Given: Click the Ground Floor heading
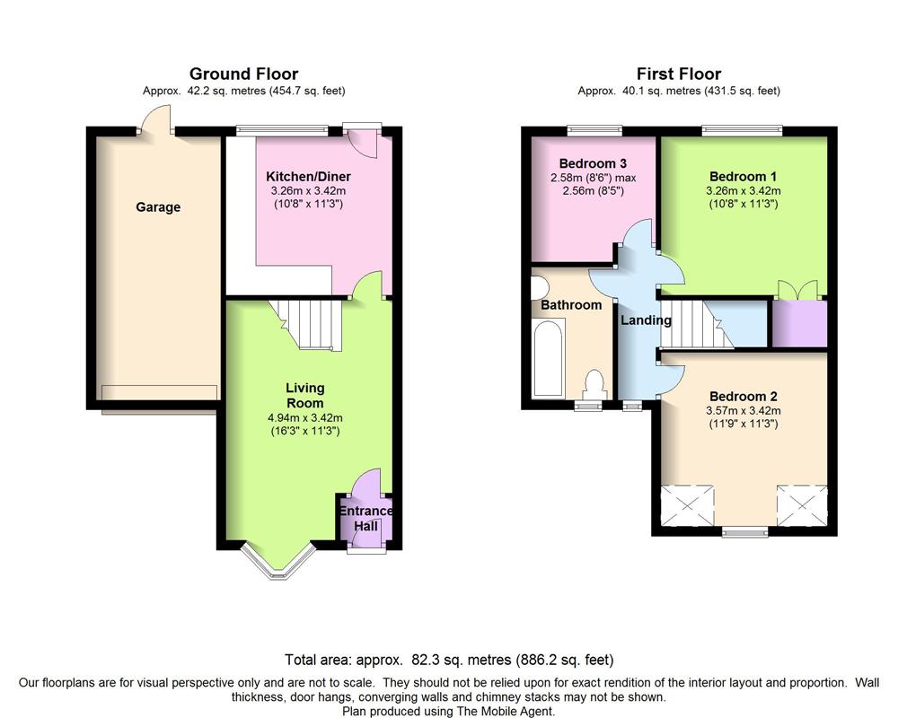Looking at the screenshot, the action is point(243,74).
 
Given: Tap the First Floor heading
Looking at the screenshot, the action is point(679,74).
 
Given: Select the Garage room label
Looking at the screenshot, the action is point(158,207).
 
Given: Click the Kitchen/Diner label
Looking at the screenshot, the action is point(308,176).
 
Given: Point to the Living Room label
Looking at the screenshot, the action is point(305,395).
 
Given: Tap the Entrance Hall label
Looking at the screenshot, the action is point(366,518).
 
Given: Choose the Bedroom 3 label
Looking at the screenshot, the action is point(593,163).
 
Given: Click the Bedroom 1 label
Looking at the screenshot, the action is point(744,176).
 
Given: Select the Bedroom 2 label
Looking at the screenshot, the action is point(744,396).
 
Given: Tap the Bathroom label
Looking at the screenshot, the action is point(571,304).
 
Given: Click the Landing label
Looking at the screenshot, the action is point(646,320).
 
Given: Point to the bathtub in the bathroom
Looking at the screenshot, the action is point(548,359).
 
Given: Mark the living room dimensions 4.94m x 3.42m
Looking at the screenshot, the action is point(305,418).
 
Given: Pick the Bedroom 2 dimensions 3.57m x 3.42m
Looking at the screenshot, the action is point(744,410).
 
